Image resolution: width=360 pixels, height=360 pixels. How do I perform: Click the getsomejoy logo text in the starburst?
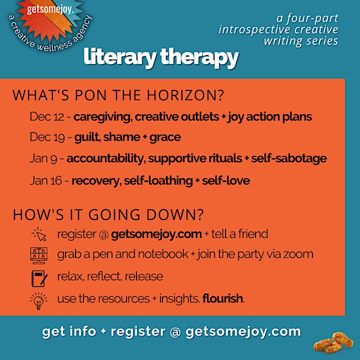pyautogui.click(x=50, y=9)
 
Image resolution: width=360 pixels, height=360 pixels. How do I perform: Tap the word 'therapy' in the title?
pyautogui.click(x=199, y=58)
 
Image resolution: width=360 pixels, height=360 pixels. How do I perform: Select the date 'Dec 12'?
pyautogui.click(x=47, y=116)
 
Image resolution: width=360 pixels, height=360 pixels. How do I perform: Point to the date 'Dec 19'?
pyautogui.click(x=47, y=137)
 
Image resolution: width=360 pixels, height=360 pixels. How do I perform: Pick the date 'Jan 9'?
pyautogui.click(x=43, y=158)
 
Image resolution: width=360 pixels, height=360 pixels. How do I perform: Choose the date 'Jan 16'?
pyautogui.click(x=45, y=180)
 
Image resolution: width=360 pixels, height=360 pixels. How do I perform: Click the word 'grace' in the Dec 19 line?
pyautogui.click(x=165, y=138)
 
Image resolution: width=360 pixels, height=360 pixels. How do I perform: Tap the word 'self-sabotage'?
pyautogui.click(x=289, y=158)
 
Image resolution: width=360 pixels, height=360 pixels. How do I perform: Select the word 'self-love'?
pyautogui.click(x=226, y=180)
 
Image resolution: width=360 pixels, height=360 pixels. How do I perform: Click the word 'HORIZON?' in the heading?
pyautogui.click(x=185, y=95)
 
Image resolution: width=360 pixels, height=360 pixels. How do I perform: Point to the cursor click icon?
pyautogui.click(x=39, y=234)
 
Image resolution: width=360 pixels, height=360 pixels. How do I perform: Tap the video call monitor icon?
pyautogui.click(x=39, y=255)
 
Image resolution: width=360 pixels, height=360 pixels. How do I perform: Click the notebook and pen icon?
pyautogui.click(x=39, y=278)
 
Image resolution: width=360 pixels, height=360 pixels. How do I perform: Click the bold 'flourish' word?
pyautogui.click(x=222, y=298)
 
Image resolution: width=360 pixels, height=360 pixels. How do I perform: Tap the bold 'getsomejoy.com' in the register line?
pyautogui.click(x=156, y=234)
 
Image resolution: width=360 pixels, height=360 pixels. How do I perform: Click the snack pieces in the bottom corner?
pyautogui.click(x=333, y=342)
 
